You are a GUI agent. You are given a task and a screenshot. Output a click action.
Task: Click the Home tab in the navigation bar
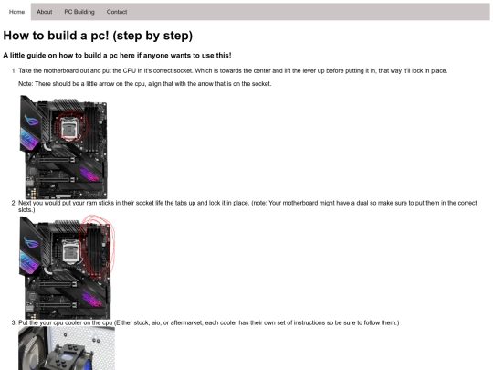click(x=16, y=12)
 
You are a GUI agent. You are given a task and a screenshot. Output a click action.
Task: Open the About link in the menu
click(x=45, y=12)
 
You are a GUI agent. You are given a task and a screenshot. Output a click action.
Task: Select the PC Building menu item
click(x=79, y=12)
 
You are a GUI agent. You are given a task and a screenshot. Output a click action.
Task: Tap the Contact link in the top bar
click(x=117, y=12)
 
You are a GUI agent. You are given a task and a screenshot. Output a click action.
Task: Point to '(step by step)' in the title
click(x=152, y=36)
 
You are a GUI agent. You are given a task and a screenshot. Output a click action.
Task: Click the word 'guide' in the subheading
click(x=37, y=56)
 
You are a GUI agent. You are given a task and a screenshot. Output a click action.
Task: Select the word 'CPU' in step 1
click(x=130, y=70)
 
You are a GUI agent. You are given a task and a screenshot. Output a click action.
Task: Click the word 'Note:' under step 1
click(x=26, y=84)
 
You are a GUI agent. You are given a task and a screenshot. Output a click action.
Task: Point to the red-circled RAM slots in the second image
click(x=96, y=247)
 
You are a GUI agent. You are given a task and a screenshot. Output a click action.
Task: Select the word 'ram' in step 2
click(x=91, y=203)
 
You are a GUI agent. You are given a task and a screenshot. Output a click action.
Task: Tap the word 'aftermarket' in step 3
click(x=186, y=322)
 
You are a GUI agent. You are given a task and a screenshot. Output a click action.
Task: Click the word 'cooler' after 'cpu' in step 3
click(x=73, y=322)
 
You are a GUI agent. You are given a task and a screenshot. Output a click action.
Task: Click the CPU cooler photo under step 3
click(x=67, y=348)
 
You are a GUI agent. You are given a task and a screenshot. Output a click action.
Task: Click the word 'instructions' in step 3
click(x=309, y=322)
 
